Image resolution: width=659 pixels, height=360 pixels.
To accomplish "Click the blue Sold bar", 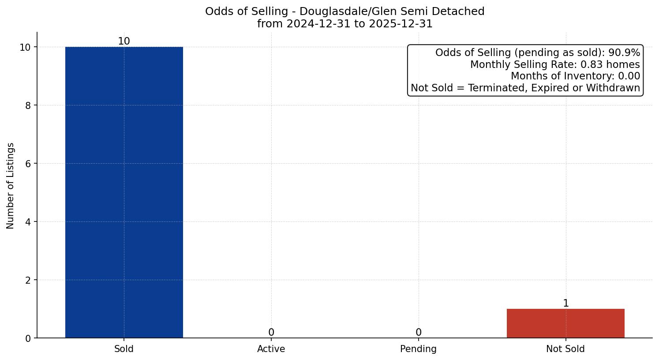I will (124, 192).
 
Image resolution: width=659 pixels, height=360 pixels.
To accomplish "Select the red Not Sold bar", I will (565, 323).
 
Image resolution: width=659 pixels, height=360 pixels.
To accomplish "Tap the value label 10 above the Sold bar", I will (124, 41).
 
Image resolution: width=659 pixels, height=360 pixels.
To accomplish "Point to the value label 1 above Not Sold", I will (565, 303).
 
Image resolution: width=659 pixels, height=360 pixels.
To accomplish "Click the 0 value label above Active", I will (271, 332).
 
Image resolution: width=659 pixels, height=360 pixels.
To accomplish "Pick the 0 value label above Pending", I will (418, 332).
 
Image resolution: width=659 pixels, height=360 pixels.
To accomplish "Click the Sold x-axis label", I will (124, 349).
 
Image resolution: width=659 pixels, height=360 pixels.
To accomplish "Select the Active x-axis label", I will (271, 349).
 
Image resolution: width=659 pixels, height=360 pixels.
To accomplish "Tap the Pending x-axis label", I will (418, 349).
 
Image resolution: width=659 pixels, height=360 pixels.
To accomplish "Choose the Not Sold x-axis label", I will (565, 349).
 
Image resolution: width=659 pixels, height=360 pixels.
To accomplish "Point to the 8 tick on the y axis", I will (28, 105).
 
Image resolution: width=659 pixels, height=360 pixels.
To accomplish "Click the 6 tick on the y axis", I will (28, 164).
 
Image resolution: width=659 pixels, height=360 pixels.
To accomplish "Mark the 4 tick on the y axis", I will (28, 222).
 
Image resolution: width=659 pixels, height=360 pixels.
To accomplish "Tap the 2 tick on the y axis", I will (28, 280).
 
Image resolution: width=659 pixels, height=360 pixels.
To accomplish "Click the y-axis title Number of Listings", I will (11, 185).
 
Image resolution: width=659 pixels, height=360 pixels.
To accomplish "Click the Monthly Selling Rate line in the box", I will (555, 64).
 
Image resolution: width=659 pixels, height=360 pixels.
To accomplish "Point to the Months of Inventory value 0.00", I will (629, 76).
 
